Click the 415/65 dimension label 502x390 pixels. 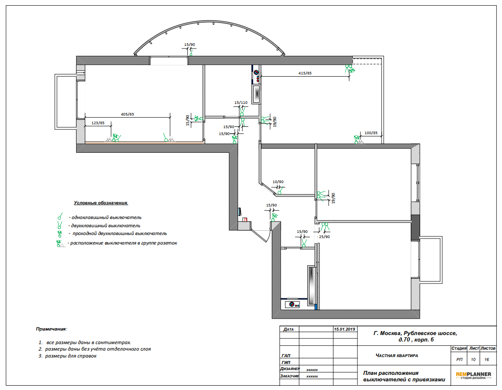point(305,73)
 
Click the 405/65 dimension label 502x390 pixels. point(127,114)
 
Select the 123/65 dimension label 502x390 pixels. point(98,123)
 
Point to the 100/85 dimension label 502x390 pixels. point(371,133)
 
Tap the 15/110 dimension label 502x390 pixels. point(241,103)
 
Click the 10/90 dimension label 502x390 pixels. point(278,182)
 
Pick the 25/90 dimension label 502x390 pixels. point(324,237)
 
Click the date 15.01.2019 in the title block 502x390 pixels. point(344,329)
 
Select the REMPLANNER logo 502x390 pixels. point(473,375)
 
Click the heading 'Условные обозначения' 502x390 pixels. point(101,203)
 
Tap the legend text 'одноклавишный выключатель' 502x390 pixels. point(106,217)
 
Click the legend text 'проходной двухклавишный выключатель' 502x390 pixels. point(119,234)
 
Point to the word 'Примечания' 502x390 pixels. point(51,329)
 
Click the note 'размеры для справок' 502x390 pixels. point(71,356)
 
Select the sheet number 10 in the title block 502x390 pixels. point(473,360)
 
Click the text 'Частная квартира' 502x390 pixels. point(397,355)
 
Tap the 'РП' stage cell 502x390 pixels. point(460,360)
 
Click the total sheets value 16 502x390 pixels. point(486,360)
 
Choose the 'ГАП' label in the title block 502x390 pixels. point(286,356)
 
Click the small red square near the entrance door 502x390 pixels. point(245,219)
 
